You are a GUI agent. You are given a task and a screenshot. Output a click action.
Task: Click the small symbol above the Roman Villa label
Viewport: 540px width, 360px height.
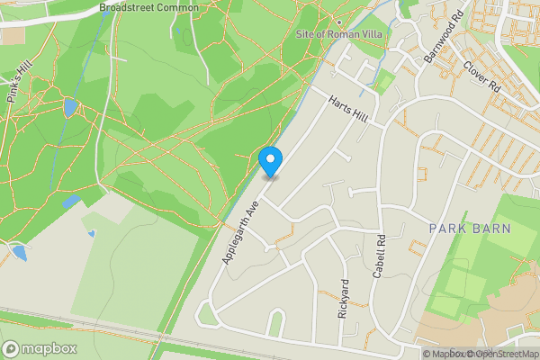pos(338,21)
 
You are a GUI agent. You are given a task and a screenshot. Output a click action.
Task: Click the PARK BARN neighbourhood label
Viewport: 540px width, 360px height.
pos(469,229)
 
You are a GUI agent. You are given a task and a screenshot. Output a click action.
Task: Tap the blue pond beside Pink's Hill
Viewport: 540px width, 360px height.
pos(69,108)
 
